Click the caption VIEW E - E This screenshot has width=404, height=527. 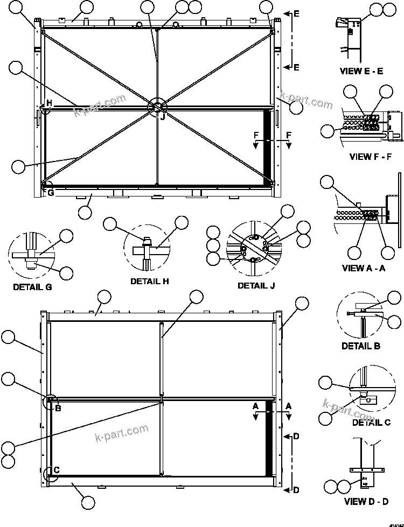[361, 71]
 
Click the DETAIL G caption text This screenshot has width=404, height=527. [32, 287]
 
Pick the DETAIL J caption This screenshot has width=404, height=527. [256, 285]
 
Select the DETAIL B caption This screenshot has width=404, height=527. [361, 346]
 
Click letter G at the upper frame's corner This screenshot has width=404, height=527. [51, 192]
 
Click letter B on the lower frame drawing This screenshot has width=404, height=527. [58, 407]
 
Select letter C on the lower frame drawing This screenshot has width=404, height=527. [56, 470]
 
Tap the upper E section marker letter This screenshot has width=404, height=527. [296, 14]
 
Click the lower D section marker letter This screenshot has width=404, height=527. [296, 489]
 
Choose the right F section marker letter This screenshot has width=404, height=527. [289, 134]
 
